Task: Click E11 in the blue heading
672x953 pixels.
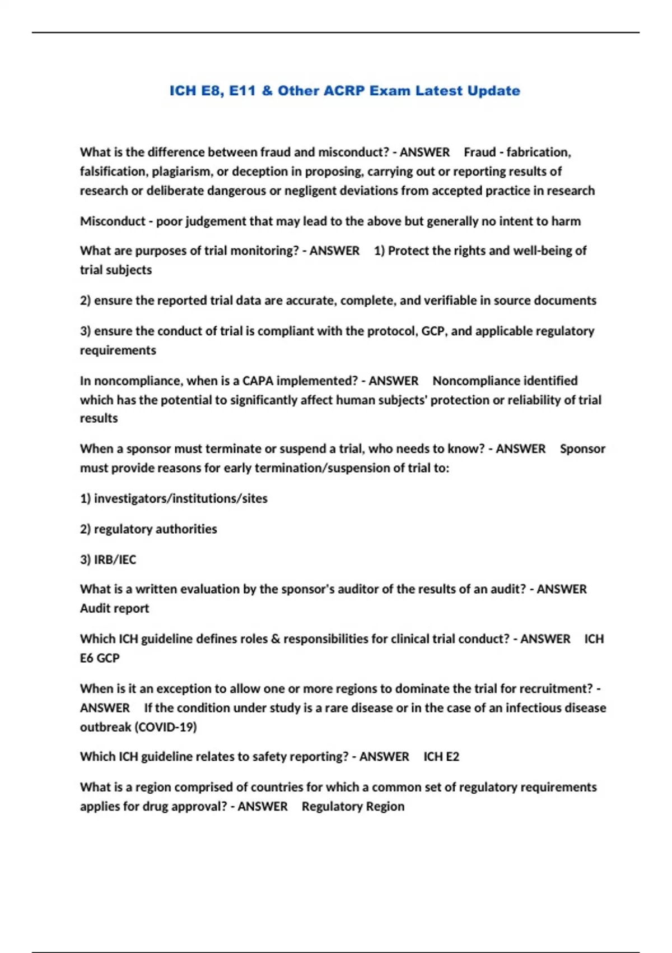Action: tap(242, 91)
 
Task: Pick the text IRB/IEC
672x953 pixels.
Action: tap(115, 559)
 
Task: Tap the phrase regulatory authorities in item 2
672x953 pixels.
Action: tap(155, 529)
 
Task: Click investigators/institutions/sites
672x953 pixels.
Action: tap(180, 499)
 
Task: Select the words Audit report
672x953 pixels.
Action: tap(114, 609)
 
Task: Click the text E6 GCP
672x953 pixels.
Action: tap(100, 658)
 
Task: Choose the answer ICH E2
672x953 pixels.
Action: tap(441, 757)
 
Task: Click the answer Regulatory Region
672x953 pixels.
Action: tap(353, 807)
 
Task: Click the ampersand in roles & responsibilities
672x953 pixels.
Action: tap(275, 639)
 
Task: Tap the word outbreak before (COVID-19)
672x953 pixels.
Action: tap(105, 727)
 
